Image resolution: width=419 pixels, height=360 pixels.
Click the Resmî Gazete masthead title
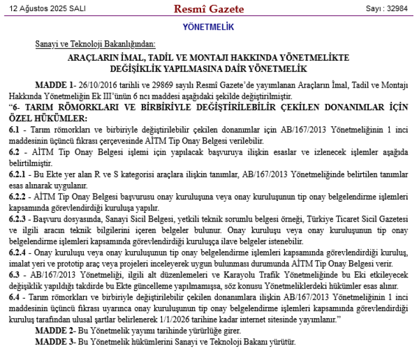209,9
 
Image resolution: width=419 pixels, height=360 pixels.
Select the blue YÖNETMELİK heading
208,27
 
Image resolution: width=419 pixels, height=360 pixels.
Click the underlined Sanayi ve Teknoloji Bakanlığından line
95,44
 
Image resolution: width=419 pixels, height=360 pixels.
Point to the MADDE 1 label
54,84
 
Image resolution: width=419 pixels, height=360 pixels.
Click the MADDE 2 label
54,330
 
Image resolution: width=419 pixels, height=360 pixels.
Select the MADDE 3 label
54,341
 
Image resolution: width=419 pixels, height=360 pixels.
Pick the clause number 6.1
14,128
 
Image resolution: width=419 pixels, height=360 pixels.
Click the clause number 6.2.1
18,175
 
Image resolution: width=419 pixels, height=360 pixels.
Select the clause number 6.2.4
18,253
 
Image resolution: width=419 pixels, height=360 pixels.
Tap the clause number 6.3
14,274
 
